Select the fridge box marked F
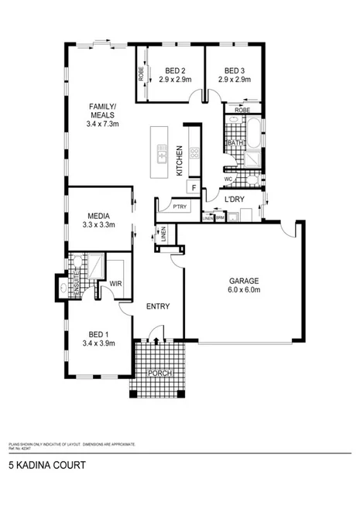point(194,188)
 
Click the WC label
point(228,179)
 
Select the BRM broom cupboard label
point(220,218)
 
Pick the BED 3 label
point(233,70)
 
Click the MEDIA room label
point(98,217)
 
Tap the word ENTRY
point(158,306)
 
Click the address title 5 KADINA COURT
point(46,466)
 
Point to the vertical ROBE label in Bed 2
point(142,74)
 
